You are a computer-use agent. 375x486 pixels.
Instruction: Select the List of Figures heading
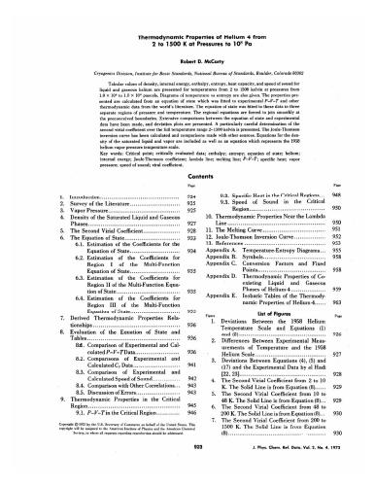pyautogui.click(x=283, y=329)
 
